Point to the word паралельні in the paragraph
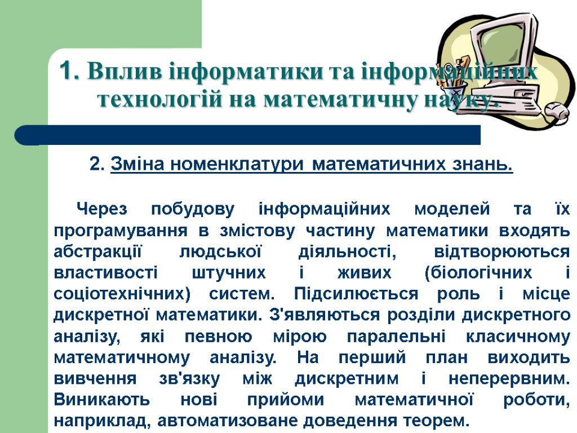[396, 337]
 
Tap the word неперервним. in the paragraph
[510, 378]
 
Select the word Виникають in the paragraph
[101, 400]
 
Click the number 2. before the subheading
[97, 165]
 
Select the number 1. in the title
[69, 72]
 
